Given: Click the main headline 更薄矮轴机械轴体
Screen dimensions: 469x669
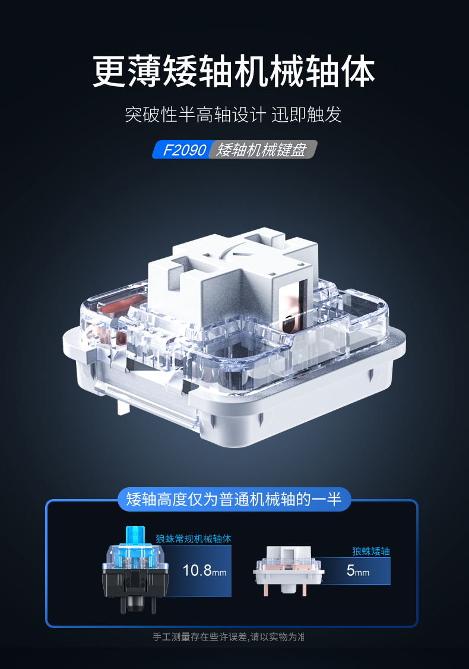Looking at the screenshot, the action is click(x=234, y=71).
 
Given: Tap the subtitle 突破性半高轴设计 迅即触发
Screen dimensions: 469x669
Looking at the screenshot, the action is click(x=233, y=114).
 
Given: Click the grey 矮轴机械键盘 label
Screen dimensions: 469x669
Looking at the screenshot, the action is click(x=262, y=150).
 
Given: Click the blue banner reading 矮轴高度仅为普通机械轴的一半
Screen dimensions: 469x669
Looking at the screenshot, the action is click(x=234, y=499).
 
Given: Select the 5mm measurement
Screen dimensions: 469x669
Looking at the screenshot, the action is click(x=358, y=570).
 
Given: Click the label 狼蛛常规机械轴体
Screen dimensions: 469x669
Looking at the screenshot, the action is click(x=193, y=538).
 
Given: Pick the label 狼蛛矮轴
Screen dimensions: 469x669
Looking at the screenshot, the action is click(x=371, y=551).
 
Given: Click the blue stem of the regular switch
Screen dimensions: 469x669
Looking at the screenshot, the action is click(x=135, y=536).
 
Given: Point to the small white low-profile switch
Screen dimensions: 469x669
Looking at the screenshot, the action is click(x=288, y=570).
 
